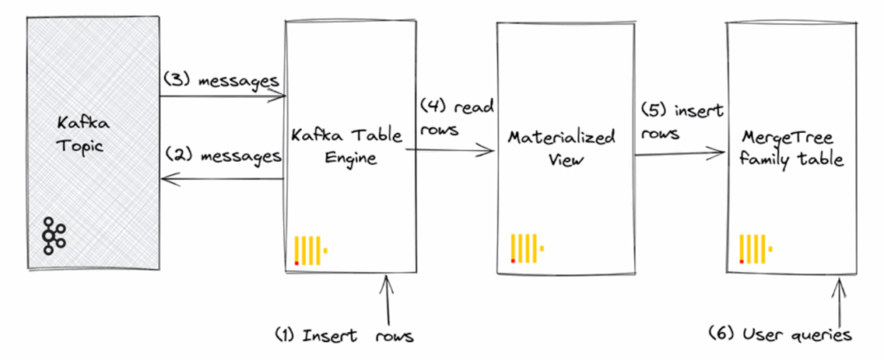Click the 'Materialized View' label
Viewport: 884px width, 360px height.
point(561,148)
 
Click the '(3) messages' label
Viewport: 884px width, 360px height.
point(221,80)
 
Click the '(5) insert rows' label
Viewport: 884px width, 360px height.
point(682,121)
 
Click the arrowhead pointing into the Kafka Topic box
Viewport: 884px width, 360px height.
point(166,179)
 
